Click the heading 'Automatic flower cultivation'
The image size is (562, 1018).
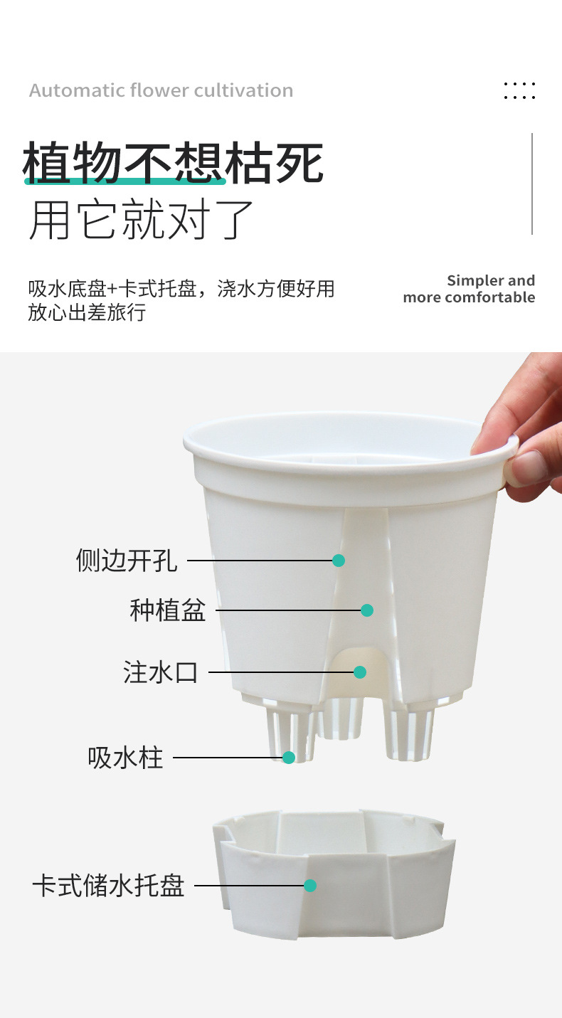(x=161, y=91)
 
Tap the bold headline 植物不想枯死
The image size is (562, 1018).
(x=173, y=163)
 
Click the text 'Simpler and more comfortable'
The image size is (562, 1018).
(x=470, y=289)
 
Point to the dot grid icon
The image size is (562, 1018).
(x=519, y=90)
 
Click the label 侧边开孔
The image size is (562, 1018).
(x=127, y=561)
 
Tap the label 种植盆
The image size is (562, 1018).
(x=168, y=610)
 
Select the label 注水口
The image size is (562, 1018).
(x=160, y=672)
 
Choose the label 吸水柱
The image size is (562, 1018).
(x=125, y=758)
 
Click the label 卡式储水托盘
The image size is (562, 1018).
(x=108, y=886)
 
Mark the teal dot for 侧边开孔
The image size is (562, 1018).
(x=339, y=561)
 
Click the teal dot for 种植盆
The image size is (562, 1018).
(x=367, y=610)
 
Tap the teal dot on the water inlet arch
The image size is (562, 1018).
(x=360, y=672)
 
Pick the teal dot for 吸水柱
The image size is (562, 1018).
(x=289, y=758)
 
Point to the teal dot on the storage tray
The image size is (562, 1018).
(x=310, y=886)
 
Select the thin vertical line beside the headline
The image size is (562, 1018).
(x=532, y=184)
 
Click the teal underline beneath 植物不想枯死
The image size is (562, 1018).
(x=124, y=182)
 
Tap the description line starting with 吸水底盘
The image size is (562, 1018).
(x=181, y=289)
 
